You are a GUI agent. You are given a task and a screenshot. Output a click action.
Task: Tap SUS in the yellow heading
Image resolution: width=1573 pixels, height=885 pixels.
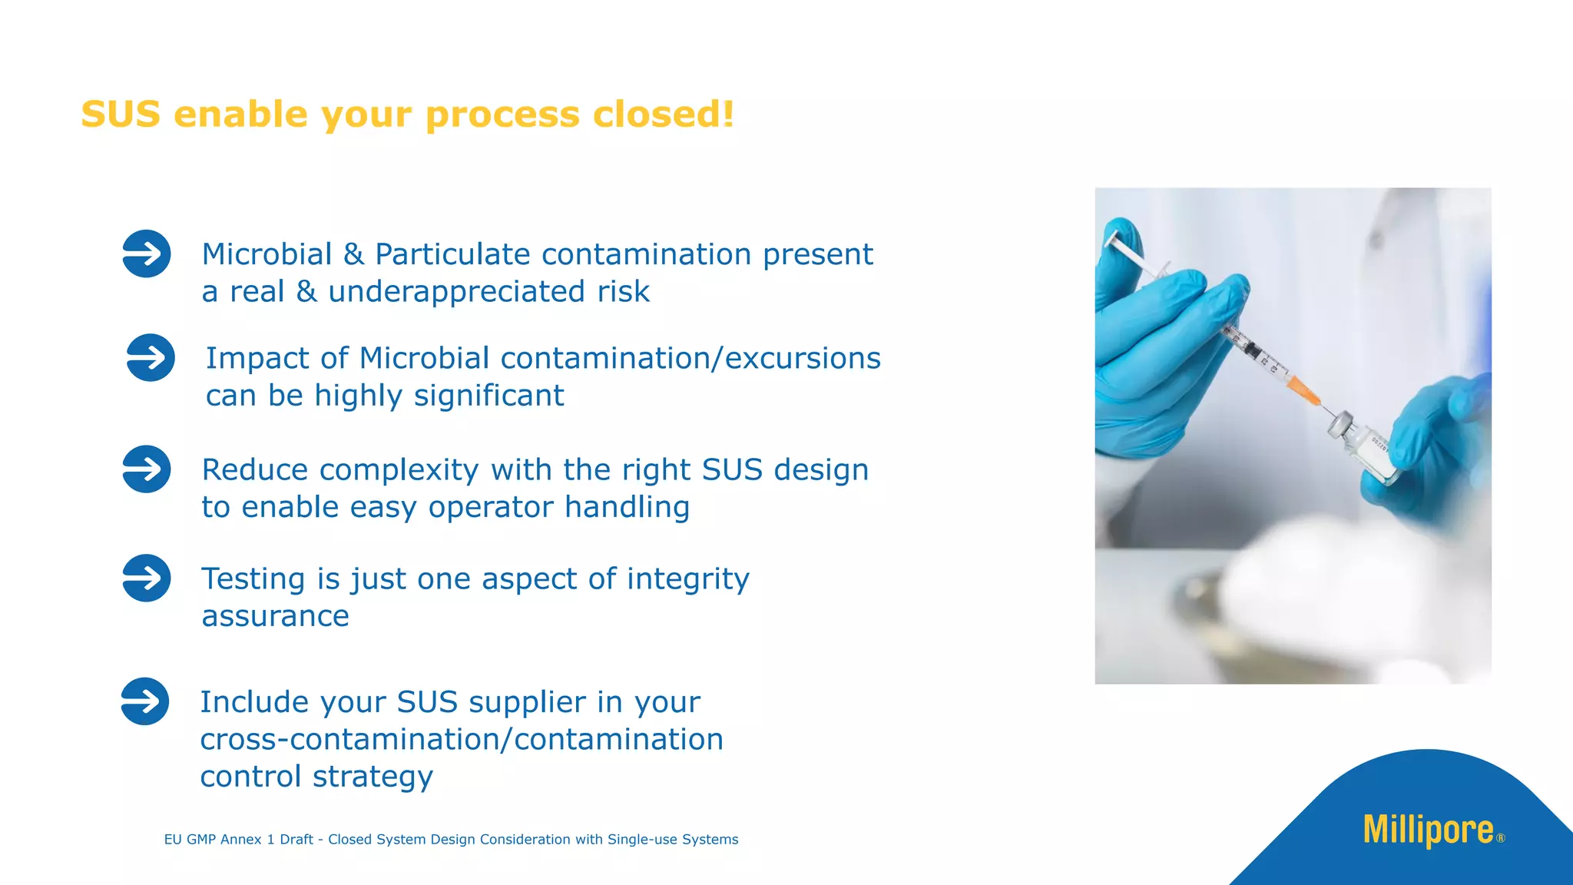tap(121, 114)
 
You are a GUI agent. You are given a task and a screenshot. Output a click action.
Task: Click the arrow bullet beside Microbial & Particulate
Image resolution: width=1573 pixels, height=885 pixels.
tap(146, 254)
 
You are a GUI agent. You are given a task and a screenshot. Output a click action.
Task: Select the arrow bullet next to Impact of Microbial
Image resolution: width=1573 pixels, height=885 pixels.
tap(150, 357)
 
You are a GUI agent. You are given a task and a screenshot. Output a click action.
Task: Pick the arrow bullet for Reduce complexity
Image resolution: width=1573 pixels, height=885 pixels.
tap(146, 469)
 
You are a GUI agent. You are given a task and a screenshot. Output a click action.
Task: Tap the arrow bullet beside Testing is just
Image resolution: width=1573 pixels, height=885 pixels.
tap(146, 578)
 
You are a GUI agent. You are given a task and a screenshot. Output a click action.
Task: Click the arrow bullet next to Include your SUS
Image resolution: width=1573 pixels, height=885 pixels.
tap(144, 701)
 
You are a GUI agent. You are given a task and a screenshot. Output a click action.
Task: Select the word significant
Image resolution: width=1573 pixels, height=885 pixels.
tap(488, 396)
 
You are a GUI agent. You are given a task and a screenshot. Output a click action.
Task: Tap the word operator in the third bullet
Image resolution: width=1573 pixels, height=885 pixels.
tap(490, 508)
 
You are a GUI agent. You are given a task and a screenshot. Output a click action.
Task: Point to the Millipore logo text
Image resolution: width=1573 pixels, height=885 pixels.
tap(1428, 830)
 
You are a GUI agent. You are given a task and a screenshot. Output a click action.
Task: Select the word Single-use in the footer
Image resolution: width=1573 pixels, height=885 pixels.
tap(637, 840)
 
